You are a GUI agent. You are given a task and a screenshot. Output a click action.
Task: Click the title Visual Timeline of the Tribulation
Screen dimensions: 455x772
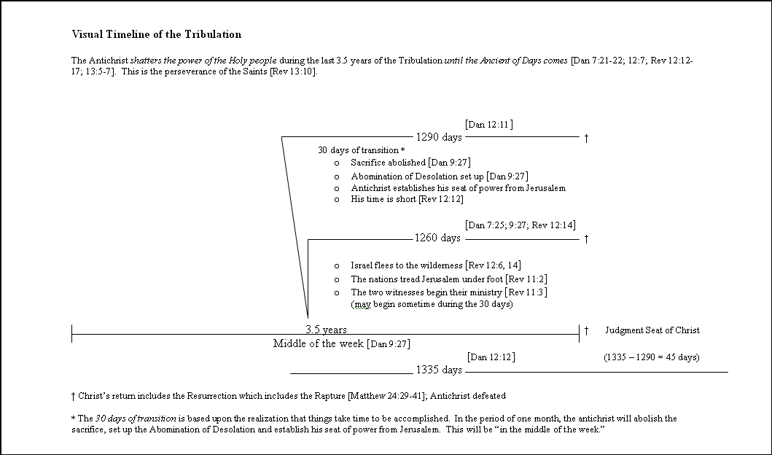click(156, 34)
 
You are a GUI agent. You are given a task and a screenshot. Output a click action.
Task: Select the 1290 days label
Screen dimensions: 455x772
click(438, 137)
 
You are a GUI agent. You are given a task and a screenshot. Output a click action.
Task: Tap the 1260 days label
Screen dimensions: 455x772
click(437, 238)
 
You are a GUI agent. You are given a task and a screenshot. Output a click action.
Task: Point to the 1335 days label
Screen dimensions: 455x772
click(439, 370)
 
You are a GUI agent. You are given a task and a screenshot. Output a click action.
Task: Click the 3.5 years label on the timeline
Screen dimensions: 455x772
click(326, 330)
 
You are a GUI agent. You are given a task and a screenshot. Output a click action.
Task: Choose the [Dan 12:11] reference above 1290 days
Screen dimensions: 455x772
click(488, 125)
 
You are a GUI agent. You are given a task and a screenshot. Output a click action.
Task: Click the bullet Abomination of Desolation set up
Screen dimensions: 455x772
click(439, 176)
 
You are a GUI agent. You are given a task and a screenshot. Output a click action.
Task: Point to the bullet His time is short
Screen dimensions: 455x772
click(407, 199)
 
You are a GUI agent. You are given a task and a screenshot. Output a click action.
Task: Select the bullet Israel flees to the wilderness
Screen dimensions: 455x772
click(435, 265)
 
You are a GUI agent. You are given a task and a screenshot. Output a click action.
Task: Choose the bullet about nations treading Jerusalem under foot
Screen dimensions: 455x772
click(439, 279)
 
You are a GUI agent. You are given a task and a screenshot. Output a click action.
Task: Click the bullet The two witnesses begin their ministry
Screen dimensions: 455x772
click(448, 292)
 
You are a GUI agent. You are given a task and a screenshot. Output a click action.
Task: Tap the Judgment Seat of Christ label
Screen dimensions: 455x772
click(652, 330)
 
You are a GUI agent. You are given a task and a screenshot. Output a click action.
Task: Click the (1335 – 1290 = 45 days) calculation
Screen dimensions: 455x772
click(651, 357)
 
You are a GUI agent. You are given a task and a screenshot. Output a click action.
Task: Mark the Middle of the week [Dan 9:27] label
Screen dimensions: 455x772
click(346, 343)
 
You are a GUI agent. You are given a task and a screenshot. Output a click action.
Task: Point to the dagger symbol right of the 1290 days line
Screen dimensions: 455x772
click(586, 138)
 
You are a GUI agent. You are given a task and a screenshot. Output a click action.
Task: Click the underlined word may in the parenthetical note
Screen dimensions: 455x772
click(361, 304)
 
